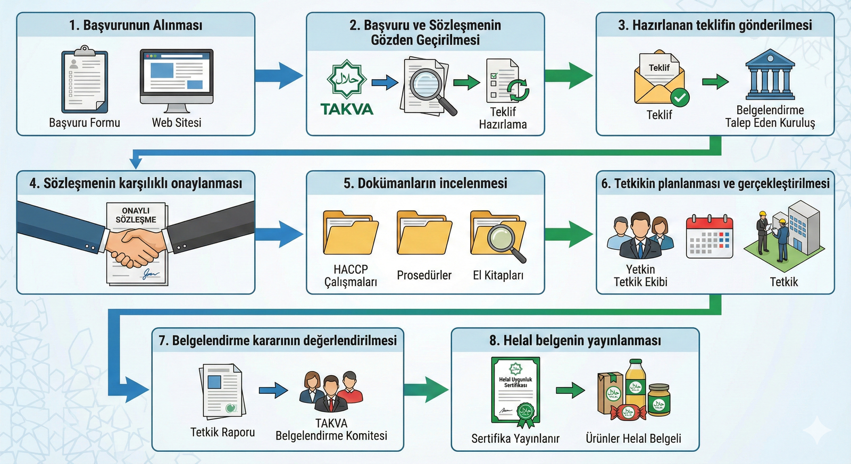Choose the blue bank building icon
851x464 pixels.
click(770, 75)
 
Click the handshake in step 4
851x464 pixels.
click(136, 248)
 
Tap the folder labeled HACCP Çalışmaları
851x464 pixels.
click(351, 233)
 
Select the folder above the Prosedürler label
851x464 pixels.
click(424, 233)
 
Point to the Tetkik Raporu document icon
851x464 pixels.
click(222, 391)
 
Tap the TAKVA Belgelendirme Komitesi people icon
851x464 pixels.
click(331, 392)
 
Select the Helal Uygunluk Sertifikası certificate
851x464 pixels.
click(516, 391)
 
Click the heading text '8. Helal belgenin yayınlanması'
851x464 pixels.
click(575, 341)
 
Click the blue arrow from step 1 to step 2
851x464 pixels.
click(279, 75)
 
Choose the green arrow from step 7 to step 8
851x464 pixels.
click(426, 390)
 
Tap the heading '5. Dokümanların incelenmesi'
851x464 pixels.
click(425, 183)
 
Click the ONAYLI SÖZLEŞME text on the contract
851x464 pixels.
click(136, 215)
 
